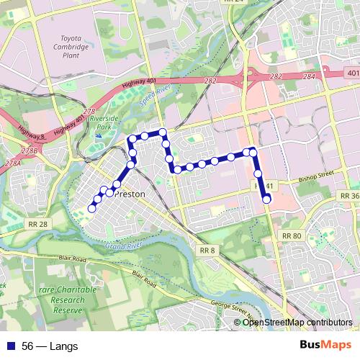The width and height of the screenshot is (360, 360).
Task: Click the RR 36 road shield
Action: pyautogui.click(x=350, y=196)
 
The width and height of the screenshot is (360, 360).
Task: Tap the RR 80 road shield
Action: pyautogui.click(x=292, y=235)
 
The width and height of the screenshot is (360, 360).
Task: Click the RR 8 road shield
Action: pyautogui.click(x=207, y=249)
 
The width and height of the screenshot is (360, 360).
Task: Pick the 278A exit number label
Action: pyautogui.click(x=13, y=163)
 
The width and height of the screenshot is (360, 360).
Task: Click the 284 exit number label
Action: pyautogui.click(x=310, y=75)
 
